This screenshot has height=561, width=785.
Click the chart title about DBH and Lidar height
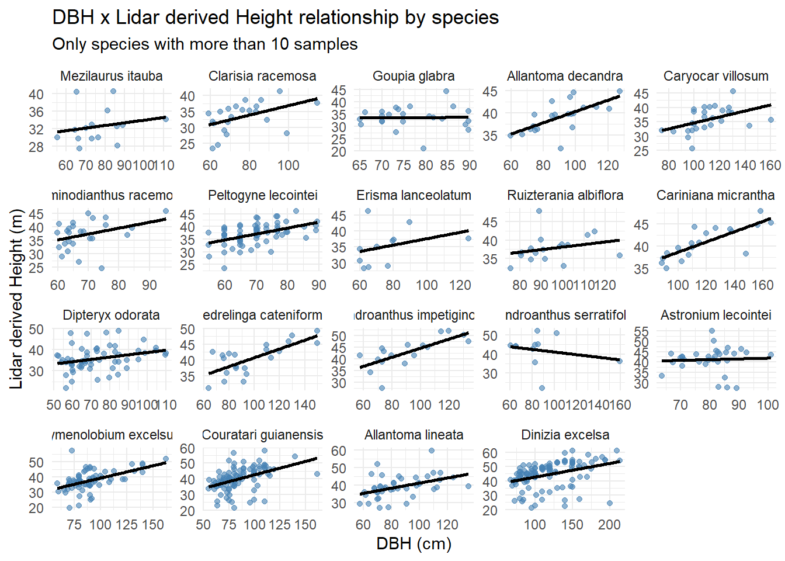(x=275, y=18)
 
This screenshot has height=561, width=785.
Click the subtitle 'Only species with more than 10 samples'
(x=204, y=44)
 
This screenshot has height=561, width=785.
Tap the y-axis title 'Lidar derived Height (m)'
(x=16, y=299)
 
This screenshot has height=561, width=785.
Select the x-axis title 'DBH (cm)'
(x=414, y=543)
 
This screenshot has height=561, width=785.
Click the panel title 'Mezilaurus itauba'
(x=111, y=76)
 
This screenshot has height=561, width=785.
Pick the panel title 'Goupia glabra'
(x=414, y=76)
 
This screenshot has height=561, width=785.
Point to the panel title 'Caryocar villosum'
(x=715, y=76)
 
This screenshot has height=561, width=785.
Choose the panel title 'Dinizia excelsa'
(x=565, y=435)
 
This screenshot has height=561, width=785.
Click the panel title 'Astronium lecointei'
(x=715, y=315)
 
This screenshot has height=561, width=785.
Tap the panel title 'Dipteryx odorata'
(x=111, y=315)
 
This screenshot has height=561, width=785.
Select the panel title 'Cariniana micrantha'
(x=715, y=195)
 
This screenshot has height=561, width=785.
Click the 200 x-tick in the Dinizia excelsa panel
(x=609, y=524)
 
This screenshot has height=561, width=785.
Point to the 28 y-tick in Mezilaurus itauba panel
(x=36, y=147)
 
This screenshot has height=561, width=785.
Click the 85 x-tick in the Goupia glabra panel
(x=447, y=165)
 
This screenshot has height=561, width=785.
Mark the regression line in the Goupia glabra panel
(x=414, y=117)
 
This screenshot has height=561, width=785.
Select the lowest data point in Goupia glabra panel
(x=423, y=148)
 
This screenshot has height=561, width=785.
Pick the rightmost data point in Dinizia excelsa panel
(x=620, y=460)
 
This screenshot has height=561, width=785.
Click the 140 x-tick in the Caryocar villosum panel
(x=745, y=165)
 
